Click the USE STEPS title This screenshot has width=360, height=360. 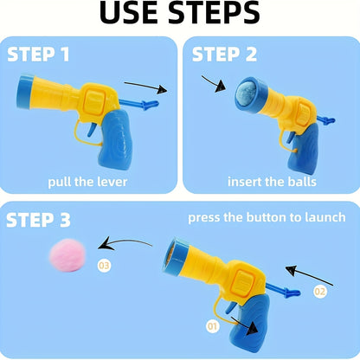pos(179,14)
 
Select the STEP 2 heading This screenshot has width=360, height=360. pos(225,55)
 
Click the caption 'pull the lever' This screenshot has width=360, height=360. pos(87,183)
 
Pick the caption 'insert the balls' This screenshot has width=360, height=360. pos(272,183)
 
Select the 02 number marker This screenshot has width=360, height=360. pos(321,292)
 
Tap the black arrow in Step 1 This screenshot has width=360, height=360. pos(145,86)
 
